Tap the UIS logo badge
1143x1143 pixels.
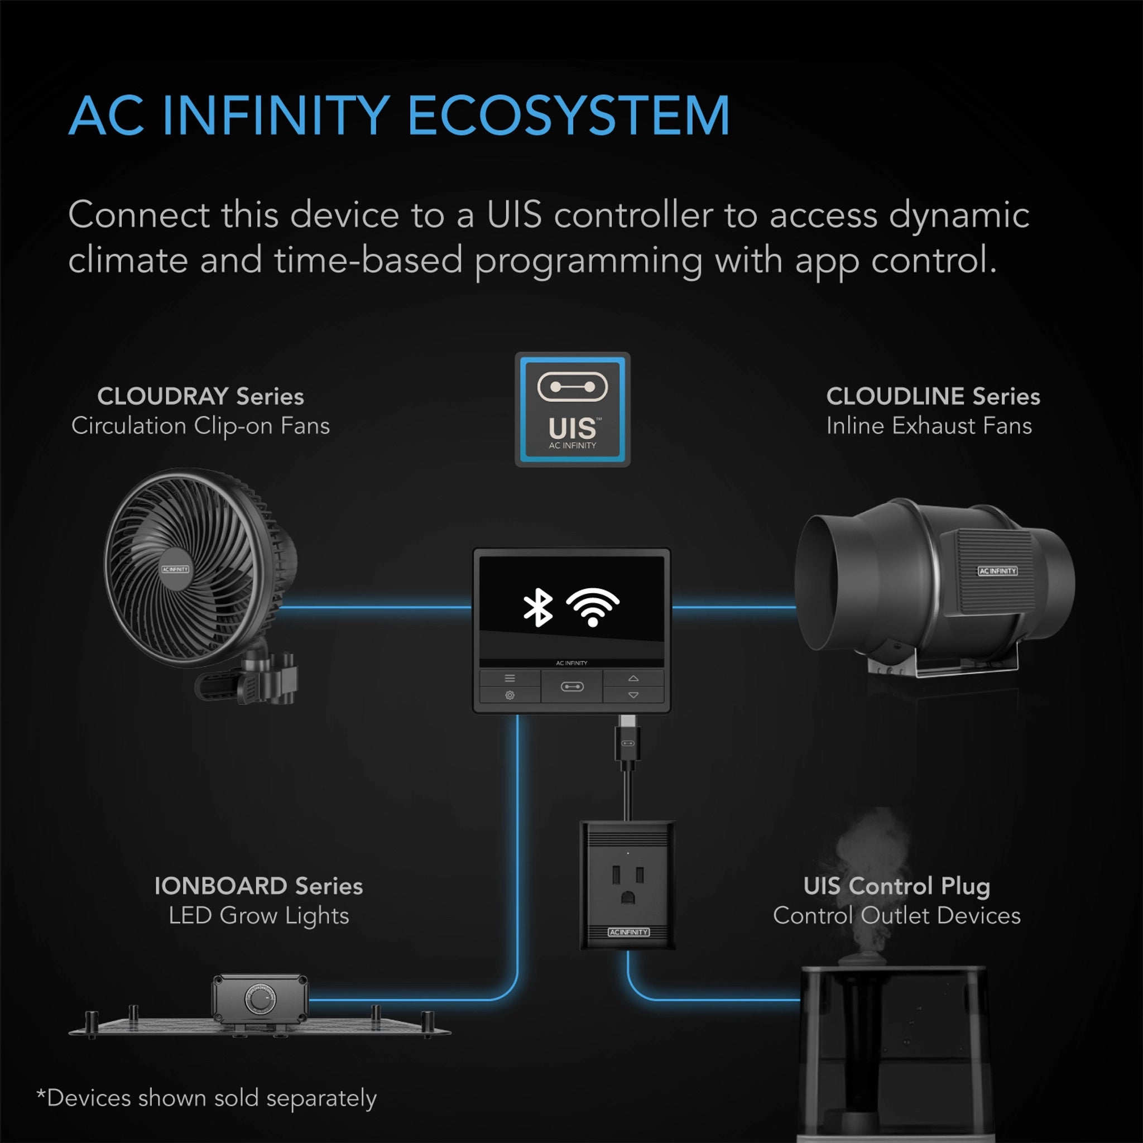(572, 410)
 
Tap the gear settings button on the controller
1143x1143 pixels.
(510, 695)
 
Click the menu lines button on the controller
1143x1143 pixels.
(510, 678)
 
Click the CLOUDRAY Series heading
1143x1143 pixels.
(200, 396)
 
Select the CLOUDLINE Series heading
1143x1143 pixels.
(933, 396)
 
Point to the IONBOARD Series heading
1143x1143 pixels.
(258, 886)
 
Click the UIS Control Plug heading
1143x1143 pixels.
(896, 886)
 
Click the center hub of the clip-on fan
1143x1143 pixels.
(175, 569)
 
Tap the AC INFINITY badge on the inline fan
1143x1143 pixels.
(997, 571)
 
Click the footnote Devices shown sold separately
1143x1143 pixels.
(206, 1098)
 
